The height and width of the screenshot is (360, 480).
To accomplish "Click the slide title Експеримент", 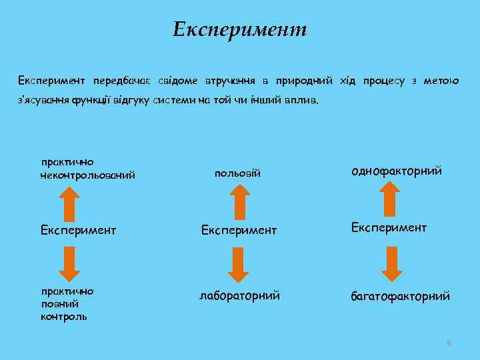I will tap(239, 29).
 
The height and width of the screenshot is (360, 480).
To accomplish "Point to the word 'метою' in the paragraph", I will tap(441, 81).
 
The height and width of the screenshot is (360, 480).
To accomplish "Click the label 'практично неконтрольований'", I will tap(87, 169).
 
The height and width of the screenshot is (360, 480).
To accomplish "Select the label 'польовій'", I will tap(237, 173).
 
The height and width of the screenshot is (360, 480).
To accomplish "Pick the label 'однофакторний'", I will tap(397, 171).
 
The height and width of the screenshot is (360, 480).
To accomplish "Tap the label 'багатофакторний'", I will tap(401, 295).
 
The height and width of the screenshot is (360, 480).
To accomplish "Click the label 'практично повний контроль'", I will tap(67, 303).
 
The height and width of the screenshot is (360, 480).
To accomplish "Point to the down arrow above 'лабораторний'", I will tap(238, 264).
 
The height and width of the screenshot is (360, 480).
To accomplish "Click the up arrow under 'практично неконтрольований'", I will tap(69, 202).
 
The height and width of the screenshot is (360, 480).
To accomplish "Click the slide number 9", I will tap(449, 343).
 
